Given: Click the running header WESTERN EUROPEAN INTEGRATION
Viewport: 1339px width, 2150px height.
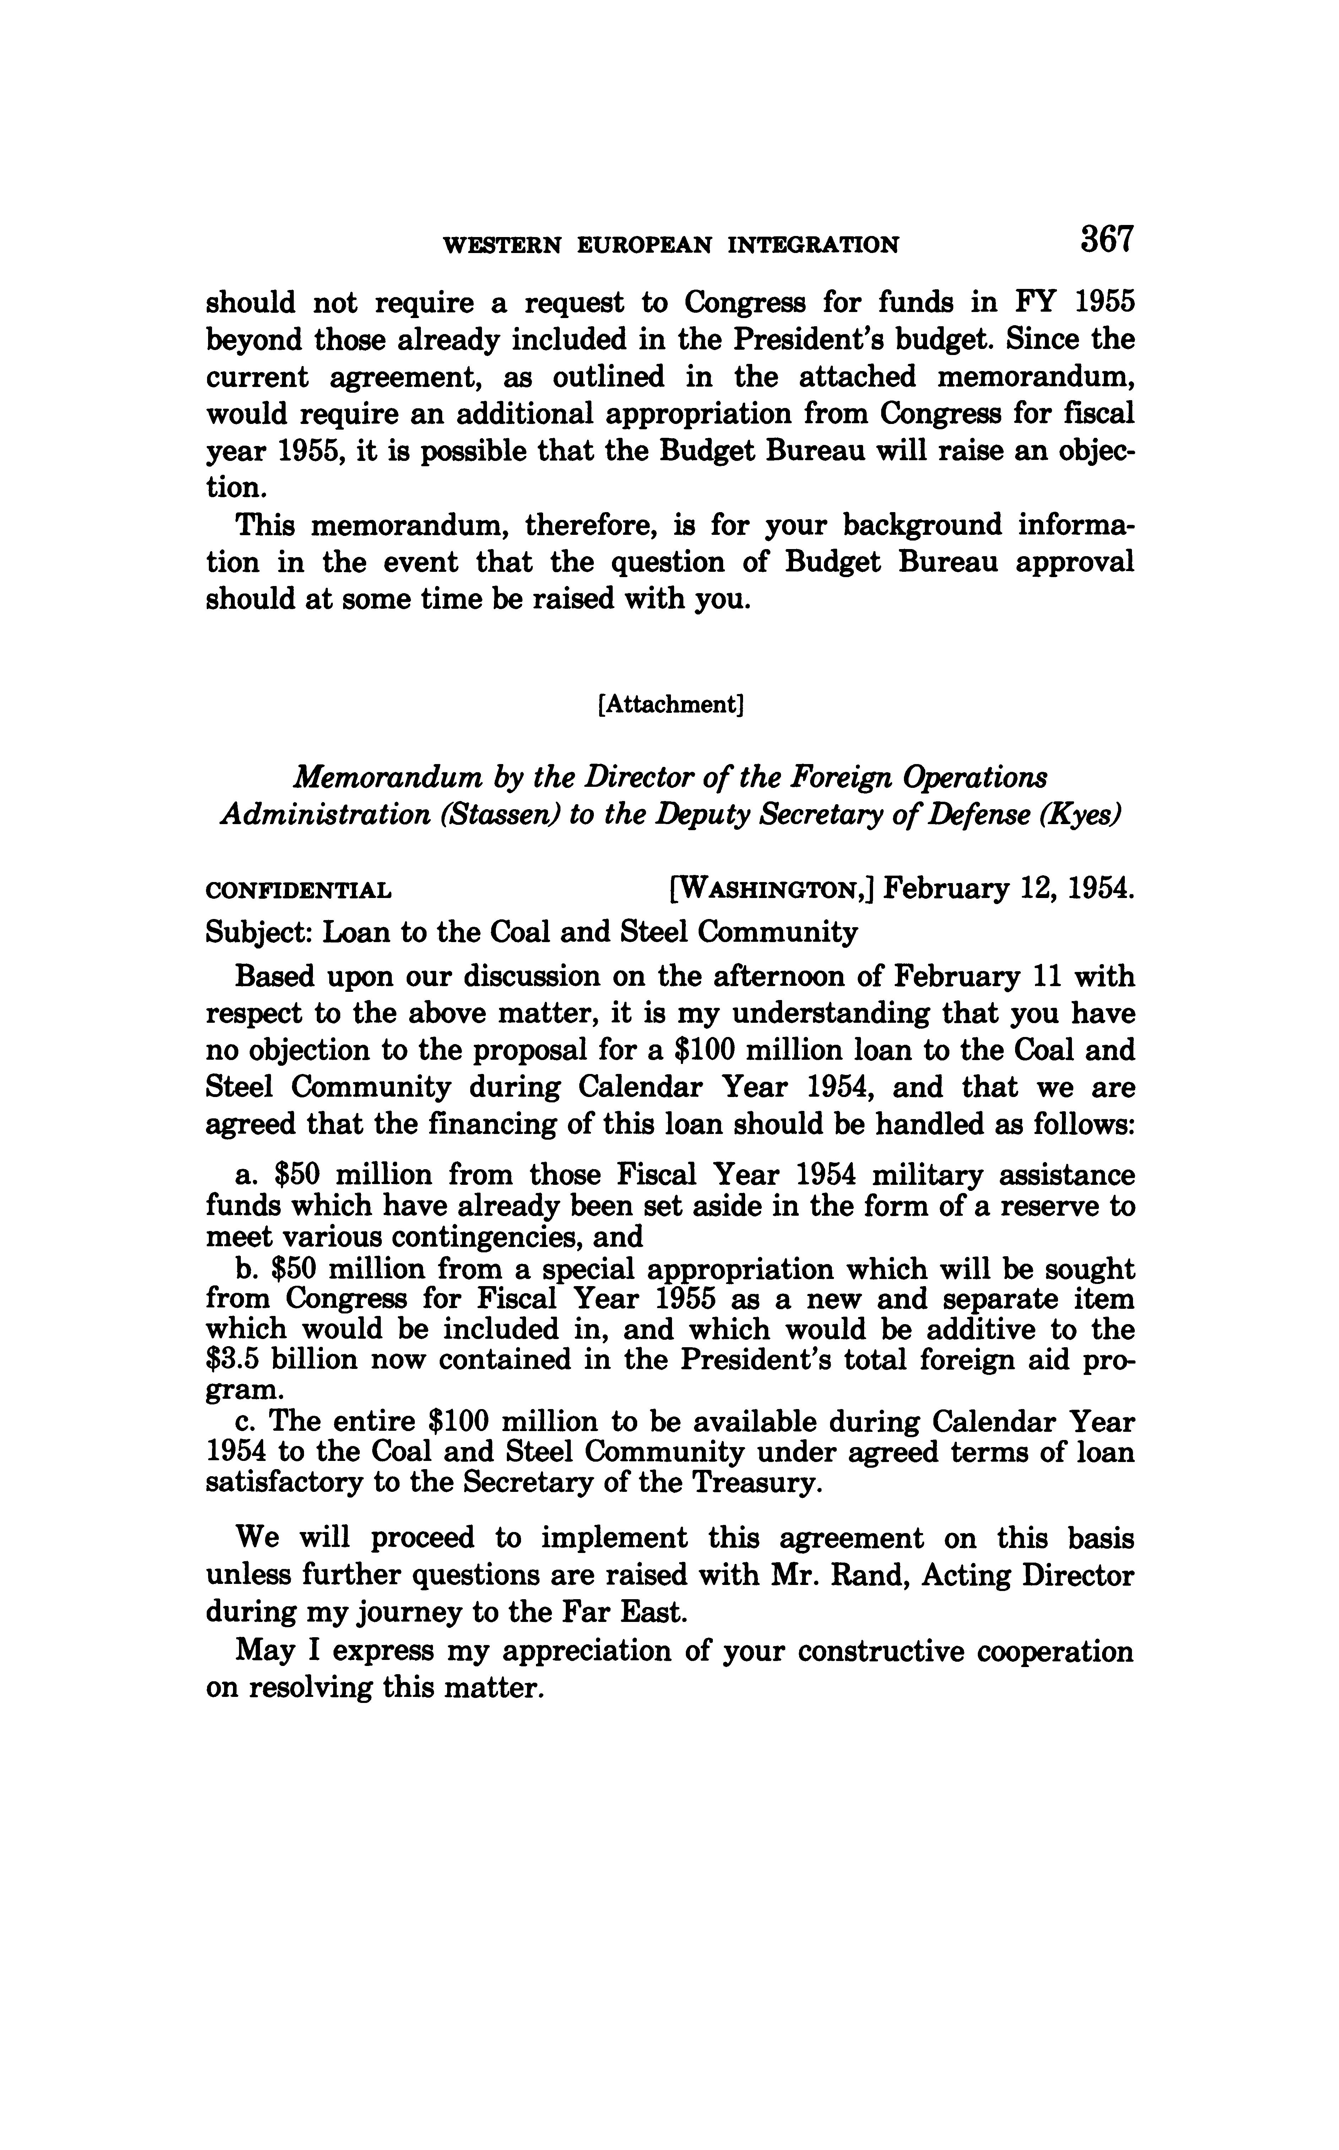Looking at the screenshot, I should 670,246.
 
